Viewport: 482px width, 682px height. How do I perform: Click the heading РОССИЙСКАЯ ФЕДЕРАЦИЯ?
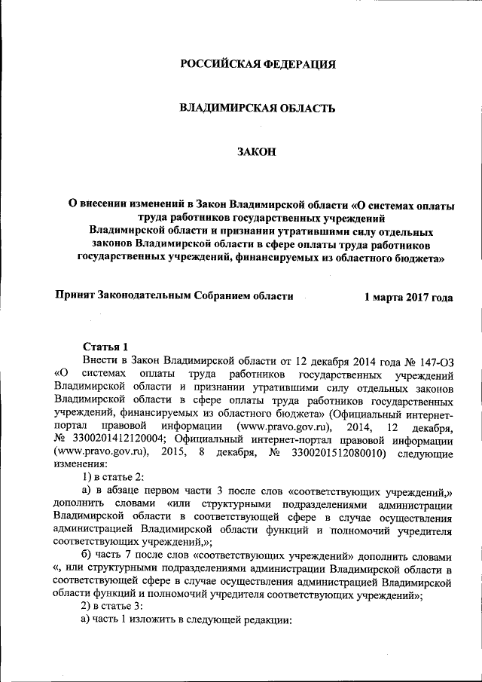click(257, 64)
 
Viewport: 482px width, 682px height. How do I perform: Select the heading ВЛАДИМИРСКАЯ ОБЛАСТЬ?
click(257, 108)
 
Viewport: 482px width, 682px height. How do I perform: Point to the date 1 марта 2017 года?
click(408, 298)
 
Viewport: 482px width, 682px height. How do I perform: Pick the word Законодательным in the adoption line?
click(146, 296)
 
